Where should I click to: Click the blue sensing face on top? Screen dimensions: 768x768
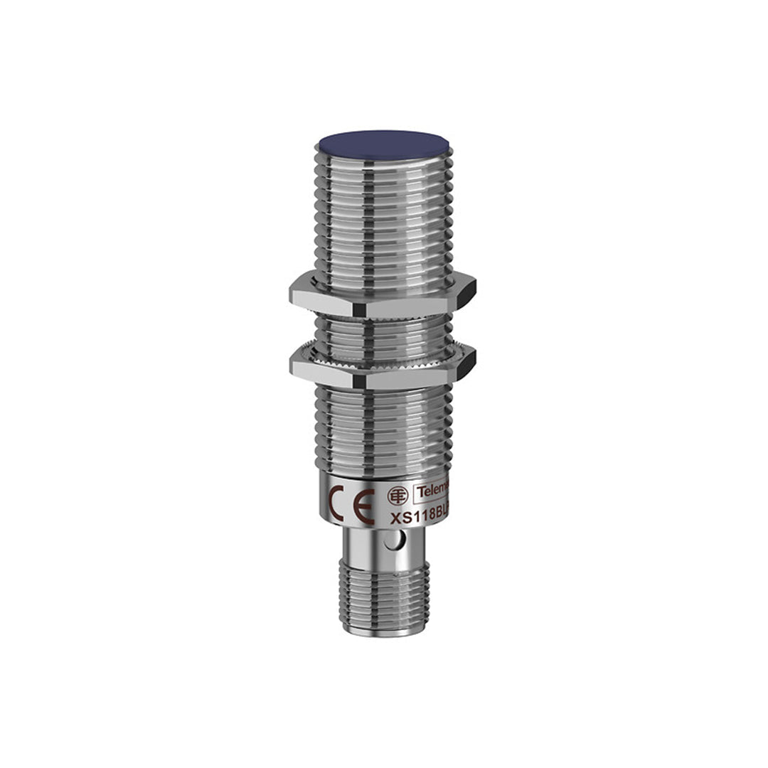383,144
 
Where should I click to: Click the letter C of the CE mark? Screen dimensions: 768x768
336,494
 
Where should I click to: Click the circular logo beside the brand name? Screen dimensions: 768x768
398,495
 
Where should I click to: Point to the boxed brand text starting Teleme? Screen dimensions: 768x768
432,491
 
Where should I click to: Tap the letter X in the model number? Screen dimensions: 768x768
395,520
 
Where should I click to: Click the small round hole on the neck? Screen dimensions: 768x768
389,543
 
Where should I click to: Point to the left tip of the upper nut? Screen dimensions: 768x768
291,289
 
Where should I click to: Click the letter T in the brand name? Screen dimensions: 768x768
420,491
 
